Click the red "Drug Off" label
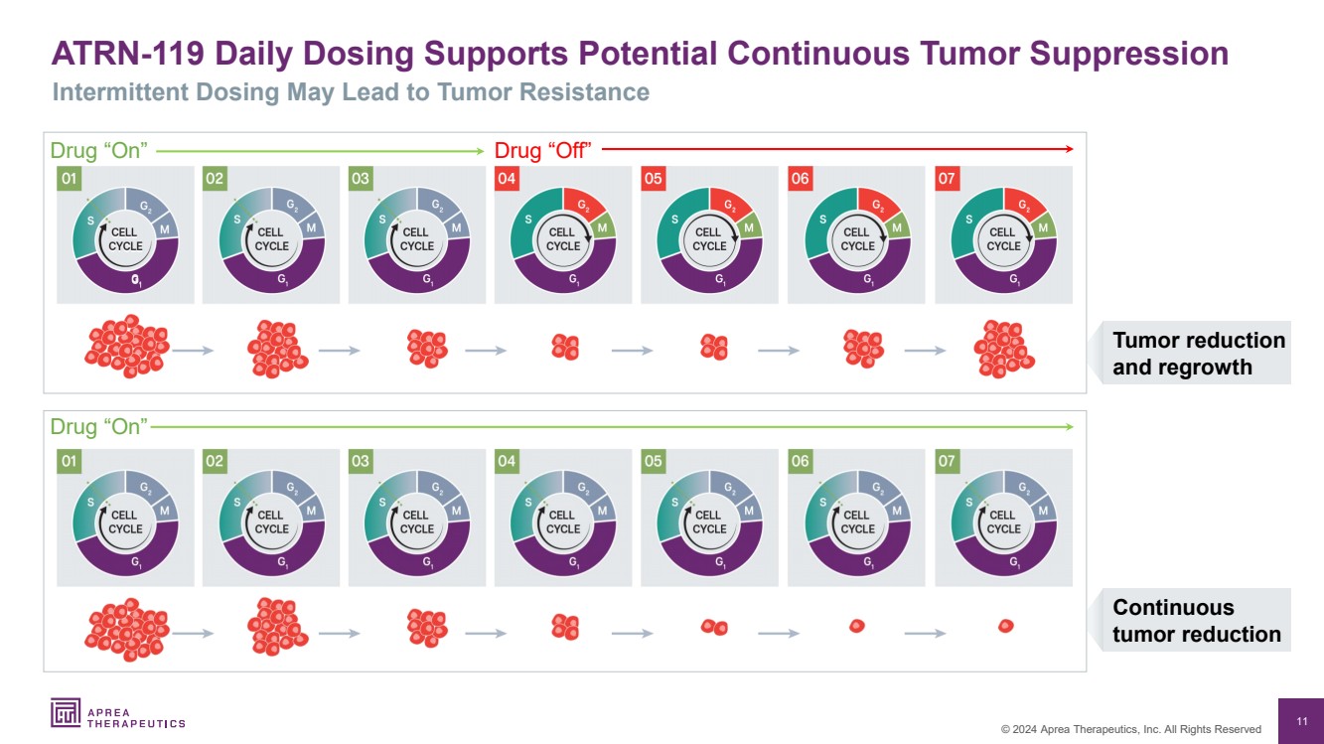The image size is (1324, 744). point(542,150)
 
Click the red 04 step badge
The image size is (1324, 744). point(507,179)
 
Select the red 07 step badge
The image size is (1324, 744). point(948,179)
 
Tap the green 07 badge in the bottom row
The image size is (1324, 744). point(948,462)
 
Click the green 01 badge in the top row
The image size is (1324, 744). point(70,179)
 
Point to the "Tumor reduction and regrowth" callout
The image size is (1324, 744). point(1198,354)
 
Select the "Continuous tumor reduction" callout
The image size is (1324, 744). point(1196,621)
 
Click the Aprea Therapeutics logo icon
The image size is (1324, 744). point(66,712)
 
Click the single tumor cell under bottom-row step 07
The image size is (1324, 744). point(1005,626)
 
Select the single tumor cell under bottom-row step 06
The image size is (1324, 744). point(857,626)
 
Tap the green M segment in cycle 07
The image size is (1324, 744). point(1042,228)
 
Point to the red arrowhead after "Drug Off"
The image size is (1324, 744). point(1070,150)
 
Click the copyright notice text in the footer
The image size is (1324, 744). point(1130,729)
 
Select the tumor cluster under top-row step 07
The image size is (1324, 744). point(1003,349)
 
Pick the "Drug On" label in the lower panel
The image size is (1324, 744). point(98,427)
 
